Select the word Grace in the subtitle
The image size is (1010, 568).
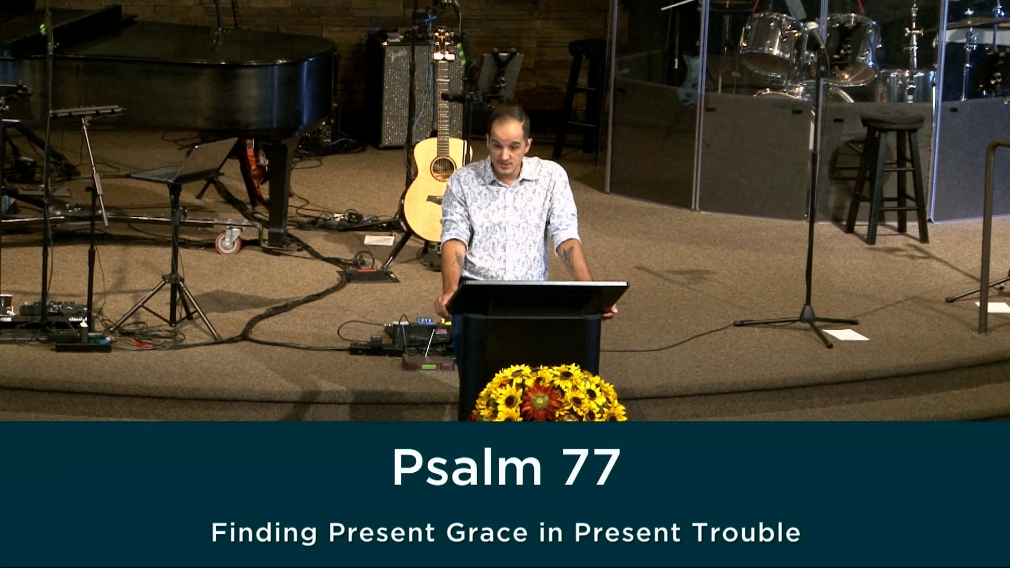tap(487, 532)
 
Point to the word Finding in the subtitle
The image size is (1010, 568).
tap(264, 533)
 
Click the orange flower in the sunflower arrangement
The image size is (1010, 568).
tap(539, 403)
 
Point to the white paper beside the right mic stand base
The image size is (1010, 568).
tap(846, 335)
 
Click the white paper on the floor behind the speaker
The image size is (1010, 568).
tap(379, 240)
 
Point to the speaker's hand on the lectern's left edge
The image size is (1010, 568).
tap(443, 305)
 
